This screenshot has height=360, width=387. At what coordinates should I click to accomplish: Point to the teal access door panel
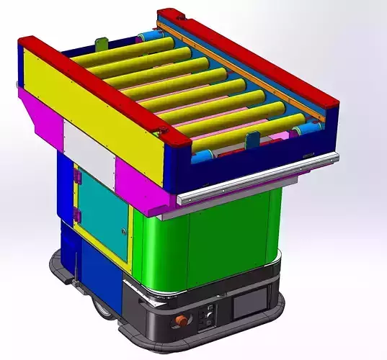point(102,209)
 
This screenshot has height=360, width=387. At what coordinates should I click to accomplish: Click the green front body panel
point(209,238)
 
